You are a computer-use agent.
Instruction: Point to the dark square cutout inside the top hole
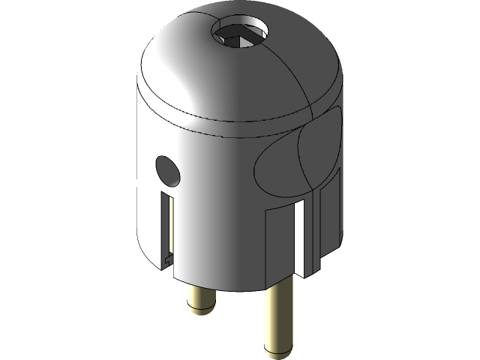pyautogui.click(x=244, y=34)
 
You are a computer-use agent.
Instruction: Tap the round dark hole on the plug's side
pyautogui.click(x=167, y=170)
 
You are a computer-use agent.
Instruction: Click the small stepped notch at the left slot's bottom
pyautogui.click(x=168, y=259)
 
